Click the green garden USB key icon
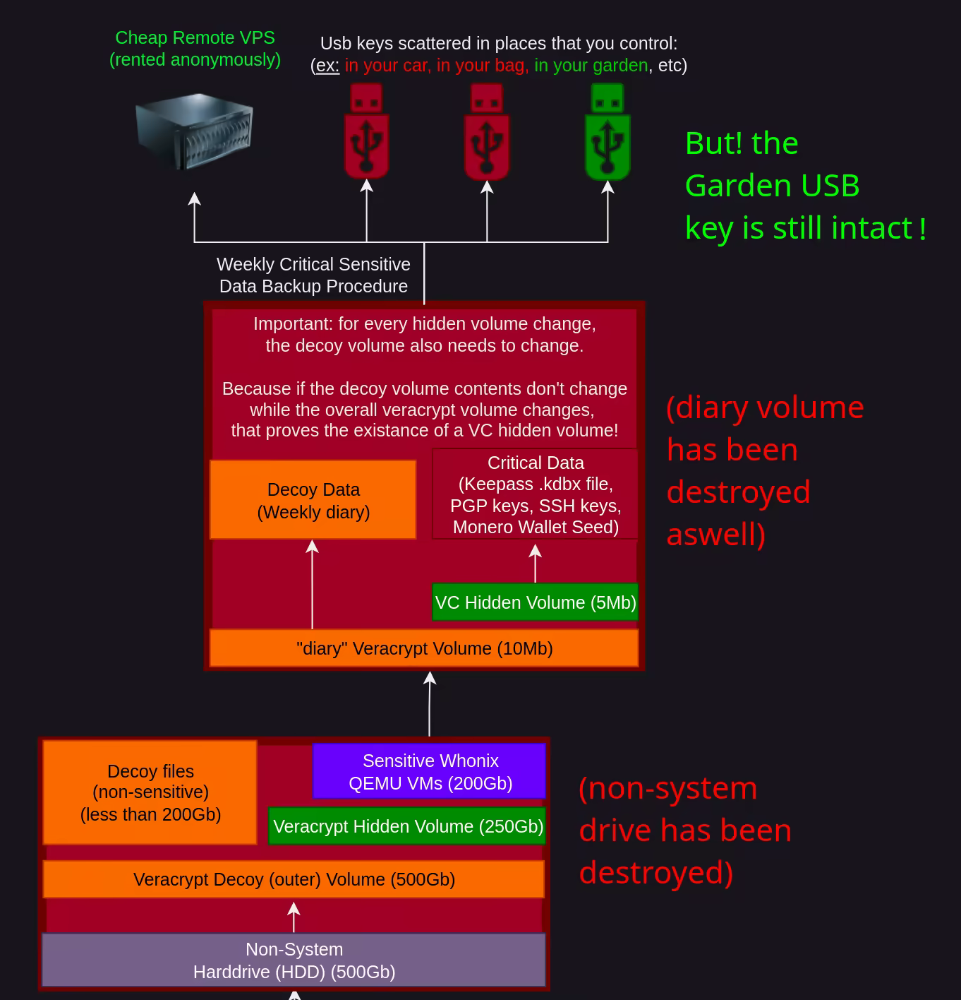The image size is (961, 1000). point(608,132)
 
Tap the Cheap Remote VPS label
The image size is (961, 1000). point(195,48)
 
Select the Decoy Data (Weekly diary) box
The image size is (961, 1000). point(313,500)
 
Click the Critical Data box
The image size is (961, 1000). point(536,494)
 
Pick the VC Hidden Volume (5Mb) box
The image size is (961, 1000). point(536,602)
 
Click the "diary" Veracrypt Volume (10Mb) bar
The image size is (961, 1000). point(424,648)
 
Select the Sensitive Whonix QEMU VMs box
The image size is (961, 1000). point(430,771)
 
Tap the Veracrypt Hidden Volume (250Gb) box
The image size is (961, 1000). point(408,826)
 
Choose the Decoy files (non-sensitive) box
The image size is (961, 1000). point(150,792)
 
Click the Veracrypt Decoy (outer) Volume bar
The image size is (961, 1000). point(294,879)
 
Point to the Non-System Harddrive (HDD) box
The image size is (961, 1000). point(294,960)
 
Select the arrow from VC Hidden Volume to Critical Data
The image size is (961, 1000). point(536,563)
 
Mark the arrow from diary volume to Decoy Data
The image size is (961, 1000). point(313,583)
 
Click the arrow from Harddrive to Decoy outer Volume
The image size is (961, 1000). point(294,917)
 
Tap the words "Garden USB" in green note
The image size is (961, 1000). point(772,186)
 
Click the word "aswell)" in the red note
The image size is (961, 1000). point(715,535)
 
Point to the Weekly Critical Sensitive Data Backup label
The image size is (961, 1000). point(313,275)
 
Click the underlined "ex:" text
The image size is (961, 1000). point(327,66)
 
